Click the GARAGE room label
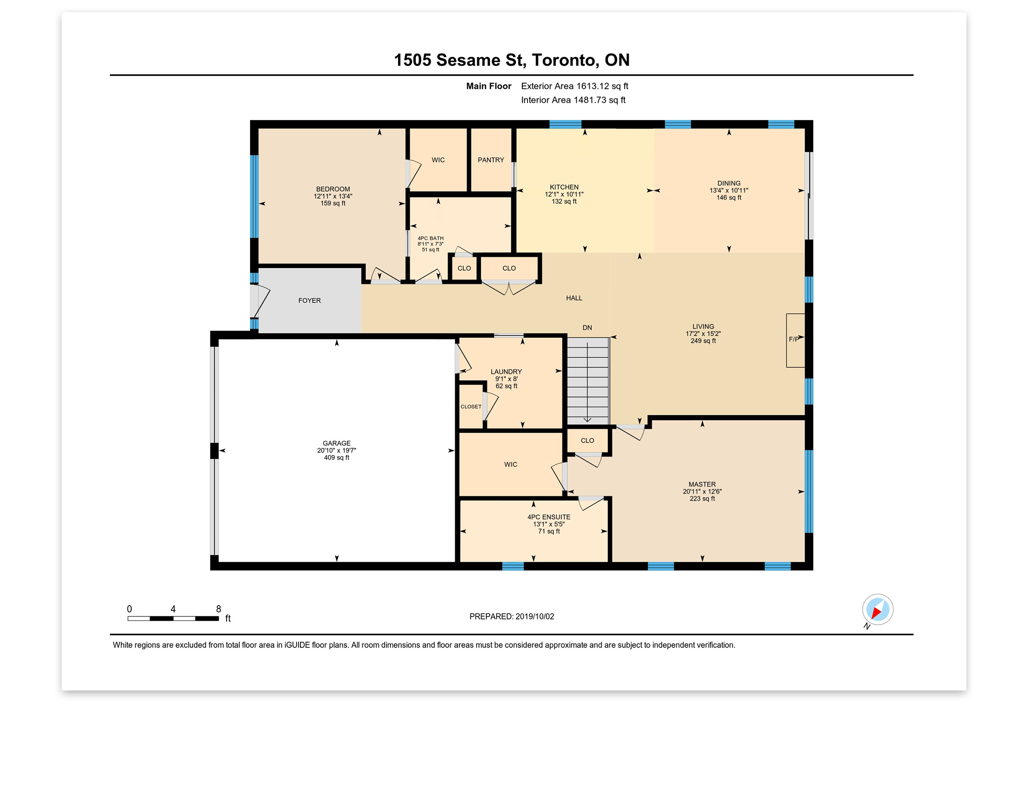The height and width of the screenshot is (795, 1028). [336, 443]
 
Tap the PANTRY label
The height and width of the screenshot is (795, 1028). [491, 160]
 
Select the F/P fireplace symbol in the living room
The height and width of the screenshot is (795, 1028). [795, 340]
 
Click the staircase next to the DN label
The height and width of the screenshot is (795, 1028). [587, 381]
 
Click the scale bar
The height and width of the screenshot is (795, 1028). [173, 618]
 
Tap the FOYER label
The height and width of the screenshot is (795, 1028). [309, 301]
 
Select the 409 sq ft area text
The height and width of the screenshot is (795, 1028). [336, 458]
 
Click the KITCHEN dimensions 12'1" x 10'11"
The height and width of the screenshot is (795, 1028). [564, 194]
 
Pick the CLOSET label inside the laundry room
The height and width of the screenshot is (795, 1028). [471, 406]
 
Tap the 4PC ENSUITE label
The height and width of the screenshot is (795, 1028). [549, 517]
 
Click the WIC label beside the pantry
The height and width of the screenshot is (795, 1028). [438, 160]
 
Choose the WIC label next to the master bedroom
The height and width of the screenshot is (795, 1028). [510, 464]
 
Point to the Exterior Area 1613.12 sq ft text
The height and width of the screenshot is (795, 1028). [574, 86]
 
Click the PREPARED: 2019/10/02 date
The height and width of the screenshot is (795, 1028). [512, 616]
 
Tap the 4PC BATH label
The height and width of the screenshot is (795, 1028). [430, 238]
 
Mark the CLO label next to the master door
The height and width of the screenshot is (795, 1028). [587, 441]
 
